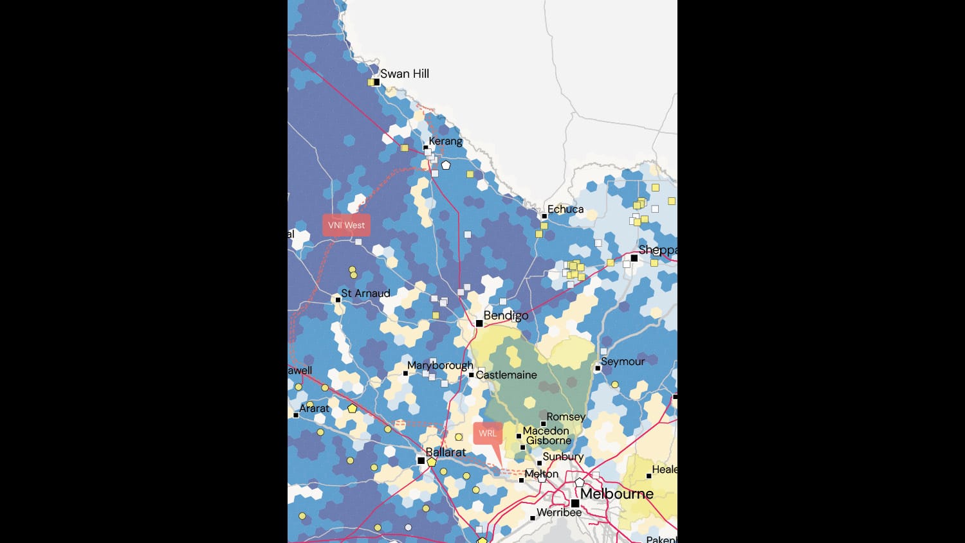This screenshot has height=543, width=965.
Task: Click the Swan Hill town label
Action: [404, 74]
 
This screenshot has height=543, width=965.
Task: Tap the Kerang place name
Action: [445, 141]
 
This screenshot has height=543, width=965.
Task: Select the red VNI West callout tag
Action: [346, 226]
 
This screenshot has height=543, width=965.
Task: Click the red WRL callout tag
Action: [488, 433]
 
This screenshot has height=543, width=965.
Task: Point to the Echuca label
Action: [565, 209]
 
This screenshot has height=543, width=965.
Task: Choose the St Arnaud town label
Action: [365, 294]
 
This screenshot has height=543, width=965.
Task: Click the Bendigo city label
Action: [506, 316]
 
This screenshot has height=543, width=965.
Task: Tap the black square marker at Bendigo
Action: [479, 323]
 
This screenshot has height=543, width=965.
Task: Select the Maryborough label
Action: [440, 366]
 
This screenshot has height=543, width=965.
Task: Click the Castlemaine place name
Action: [506, 375]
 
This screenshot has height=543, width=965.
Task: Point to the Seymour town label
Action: [623, 362]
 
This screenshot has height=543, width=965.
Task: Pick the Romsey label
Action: [566, 417]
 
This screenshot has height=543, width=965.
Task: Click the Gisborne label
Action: [549, 441]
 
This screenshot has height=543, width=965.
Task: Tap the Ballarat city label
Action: [446, 452]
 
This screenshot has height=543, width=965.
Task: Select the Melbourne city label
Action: [617, 494]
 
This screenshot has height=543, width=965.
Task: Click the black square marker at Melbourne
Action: [575, 503]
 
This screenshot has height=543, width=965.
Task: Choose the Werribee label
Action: [559, 513]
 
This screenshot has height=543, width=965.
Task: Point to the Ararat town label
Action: [314, 409]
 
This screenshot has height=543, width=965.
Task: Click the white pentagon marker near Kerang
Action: [446, 165]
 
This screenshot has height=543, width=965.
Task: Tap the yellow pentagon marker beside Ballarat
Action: [432, 462]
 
